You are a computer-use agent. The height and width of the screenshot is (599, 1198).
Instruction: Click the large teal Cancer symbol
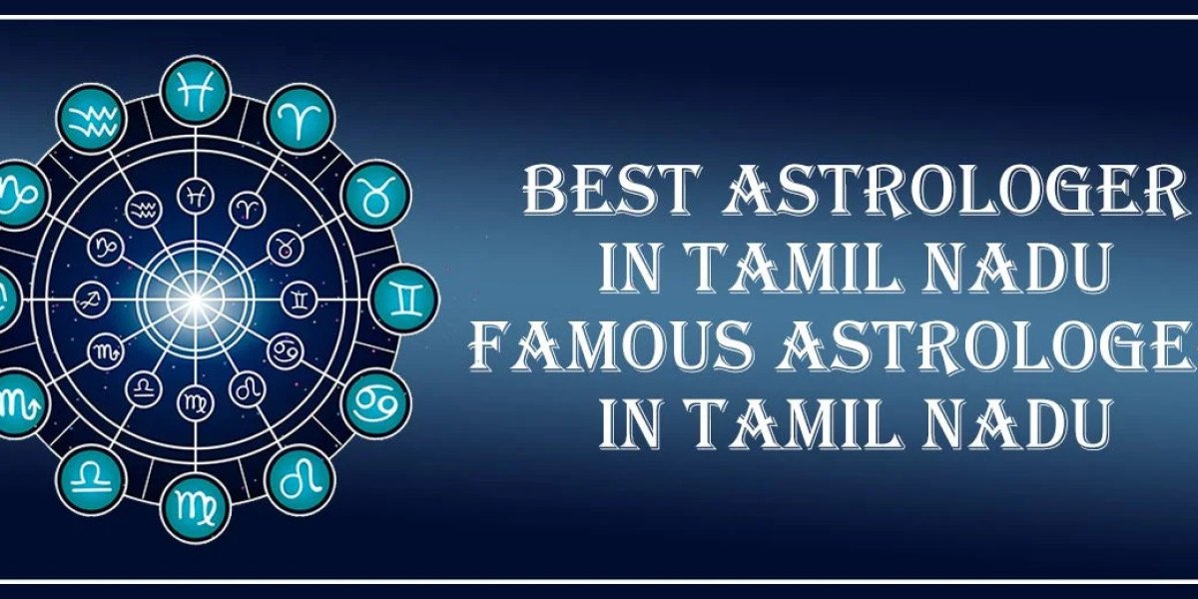374,402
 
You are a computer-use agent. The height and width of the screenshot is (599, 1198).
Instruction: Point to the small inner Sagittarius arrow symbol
91,297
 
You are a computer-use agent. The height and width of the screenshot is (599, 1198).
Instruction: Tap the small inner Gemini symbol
297,297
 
